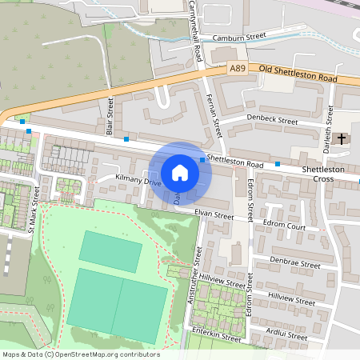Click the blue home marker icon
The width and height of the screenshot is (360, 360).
(x=180, y=173)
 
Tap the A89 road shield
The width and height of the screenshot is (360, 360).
(x=238, y=70)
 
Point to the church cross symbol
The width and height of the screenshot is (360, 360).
(x=342, y=139)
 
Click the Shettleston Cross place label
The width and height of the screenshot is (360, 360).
(x=323, y=174)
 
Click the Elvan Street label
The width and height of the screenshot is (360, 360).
(x=214, y=215)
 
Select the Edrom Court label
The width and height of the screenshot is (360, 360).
(x=284, y=226)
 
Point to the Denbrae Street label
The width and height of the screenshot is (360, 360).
(x=294, y=263)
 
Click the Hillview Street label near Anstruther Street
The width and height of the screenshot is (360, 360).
(x=224, y=283)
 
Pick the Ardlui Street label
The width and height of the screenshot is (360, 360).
(x=288, y=337)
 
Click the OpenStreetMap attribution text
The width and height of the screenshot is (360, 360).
(x=80, y=354)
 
